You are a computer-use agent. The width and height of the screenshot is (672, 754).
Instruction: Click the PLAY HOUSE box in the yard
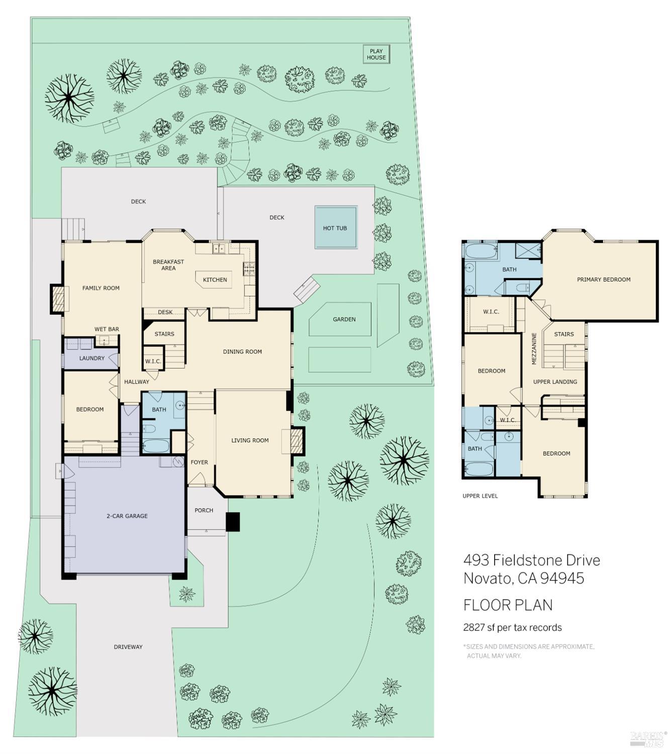[376, 54]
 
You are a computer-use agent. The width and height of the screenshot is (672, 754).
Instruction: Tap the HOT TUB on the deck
[336, 227]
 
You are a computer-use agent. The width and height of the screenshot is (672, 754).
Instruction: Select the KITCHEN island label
[215, 280]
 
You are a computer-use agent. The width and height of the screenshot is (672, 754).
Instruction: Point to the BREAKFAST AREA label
[168, 265]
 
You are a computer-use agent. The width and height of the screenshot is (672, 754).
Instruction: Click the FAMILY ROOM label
[101, 288]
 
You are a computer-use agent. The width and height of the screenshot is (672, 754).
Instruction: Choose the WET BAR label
[107, 329]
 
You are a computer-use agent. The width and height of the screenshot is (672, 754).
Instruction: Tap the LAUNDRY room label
[92, 358]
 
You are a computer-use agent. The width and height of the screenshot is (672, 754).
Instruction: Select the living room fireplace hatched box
[297, 441]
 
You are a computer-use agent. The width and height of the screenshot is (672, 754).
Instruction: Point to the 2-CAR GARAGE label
[127, 516]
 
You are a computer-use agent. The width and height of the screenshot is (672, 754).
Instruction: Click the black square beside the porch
[233, 522]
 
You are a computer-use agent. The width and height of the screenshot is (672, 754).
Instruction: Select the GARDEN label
[344, 319]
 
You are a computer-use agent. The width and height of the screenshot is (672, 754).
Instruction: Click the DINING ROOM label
[242, 351]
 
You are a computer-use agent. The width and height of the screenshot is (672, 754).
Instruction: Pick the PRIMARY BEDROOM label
[604, 279]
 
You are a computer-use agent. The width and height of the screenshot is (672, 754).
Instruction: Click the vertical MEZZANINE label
[534, 349]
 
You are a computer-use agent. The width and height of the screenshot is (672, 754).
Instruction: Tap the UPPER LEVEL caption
[480, 496]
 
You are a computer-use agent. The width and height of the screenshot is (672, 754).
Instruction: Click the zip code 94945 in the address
[562, 578]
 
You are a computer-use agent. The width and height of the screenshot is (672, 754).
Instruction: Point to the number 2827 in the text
[474, 627]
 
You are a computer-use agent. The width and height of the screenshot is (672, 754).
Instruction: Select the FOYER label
[200, 462]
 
